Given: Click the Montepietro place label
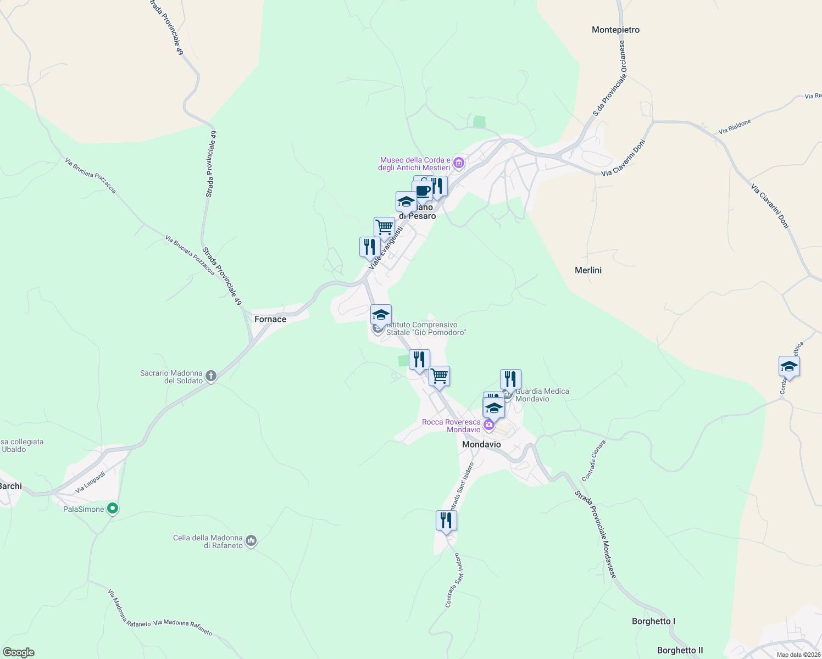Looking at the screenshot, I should [615, 30].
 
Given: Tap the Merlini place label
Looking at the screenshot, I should [588, 270].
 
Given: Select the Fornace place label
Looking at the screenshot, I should [270, 319].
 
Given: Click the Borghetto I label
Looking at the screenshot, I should [653, 621].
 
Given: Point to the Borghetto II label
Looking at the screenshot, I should [680, 650].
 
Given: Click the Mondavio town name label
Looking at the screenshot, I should [481, 444].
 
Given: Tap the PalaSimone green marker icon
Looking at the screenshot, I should [113, 509].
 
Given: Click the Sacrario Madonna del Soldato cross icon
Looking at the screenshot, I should [211, 376].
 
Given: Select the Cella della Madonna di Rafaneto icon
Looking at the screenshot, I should [251, 541].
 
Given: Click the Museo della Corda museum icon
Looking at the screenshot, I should [459, 163].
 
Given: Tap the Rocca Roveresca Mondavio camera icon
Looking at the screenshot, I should [488, 425].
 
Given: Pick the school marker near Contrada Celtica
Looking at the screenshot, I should [788, 366].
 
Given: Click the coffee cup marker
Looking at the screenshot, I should [423, 191].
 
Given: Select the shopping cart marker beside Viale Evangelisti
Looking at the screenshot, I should [384, 227].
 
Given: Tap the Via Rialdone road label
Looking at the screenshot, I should [735, 127].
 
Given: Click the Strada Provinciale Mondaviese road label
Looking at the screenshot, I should [596, 534].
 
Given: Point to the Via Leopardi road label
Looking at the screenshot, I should [90, 482].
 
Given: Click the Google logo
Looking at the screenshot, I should [19, 652].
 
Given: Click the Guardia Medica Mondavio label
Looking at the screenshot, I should [542, 395].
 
